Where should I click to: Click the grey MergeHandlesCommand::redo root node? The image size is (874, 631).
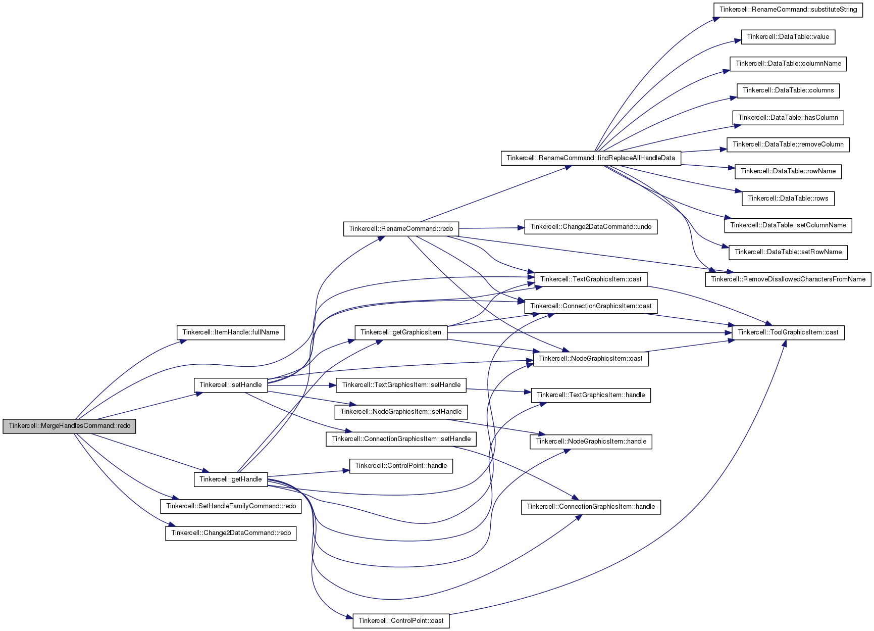click(x=69, y=426)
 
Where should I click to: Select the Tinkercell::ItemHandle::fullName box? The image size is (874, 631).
click(x=231, y=332)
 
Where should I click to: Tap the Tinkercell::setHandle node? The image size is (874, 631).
click(x=231, y=385)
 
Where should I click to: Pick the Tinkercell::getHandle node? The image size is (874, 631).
click(x=231, y=479)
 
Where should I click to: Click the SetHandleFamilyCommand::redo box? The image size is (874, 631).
click(x=231, y=506)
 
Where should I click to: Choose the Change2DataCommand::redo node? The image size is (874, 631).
click(x=231, y=533)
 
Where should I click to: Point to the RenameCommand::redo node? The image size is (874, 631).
click(x=401, y=229)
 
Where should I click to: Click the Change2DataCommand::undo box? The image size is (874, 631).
click(x=591, y=227)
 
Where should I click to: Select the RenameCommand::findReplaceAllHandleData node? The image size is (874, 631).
click(x=591, y=158)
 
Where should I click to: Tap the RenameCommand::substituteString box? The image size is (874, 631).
click(x=788, y=10)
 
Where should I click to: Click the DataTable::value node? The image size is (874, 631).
click(x=788, y=37)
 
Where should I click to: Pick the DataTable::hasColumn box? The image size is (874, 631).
click(x=788, y=118)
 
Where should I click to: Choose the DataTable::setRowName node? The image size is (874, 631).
click(x=788, y=252)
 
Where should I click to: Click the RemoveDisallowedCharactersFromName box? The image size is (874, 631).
click(x=788, y=279)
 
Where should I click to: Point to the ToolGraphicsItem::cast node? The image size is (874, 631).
click(x=788, y=332)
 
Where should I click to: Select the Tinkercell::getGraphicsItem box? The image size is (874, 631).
click(x=401, y=332)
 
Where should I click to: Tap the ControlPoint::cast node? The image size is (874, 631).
click(x=401, y=621)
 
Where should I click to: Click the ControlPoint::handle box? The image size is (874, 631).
click(x=401, y=466)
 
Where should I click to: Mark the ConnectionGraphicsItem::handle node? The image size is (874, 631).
click(x=591, y=507)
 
